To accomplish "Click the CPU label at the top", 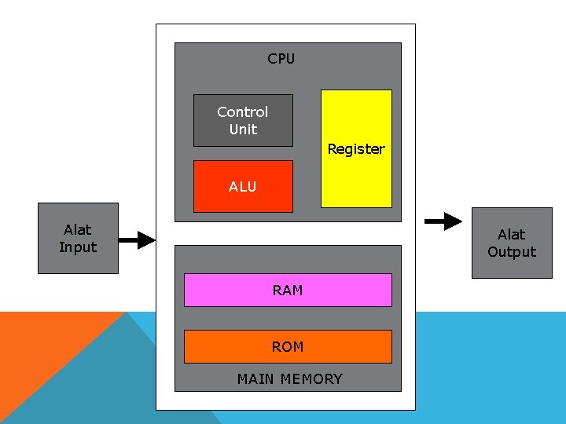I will click(x=281, y=59).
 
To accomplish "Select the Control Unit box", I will click(x=243, y=121).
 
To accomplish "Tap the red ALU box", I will click(x=243, y=187).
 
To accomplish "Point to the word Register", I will click(x=356, y=149).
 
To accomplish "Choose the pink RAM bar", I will click(x=288, y=290).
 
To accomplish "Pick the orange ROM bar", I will click(x=288, y=346).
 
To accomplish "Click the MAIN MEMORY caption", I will click(x=289, y=379).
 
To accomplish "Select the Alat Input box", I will click(x=78, y=239).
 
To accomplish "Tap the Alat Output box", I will click(x=512, y=243).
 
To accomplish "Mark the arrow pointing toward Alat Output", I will click(x=443, y=221).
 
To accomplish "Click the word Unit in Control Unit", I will click(x=243, y=130).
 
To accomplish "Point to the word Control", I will click(x=242, y=112).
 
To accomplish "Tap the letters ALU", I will click(x=242, y=187).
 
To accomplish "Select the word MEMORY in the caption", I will click(x=311, y=379).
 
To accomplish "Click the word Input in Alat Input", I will click(x=78, y=247).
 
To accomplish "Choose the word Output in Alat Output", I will click(x=512, y=252).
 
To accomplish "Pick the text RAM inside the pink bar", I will click(x=288, y=291).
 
